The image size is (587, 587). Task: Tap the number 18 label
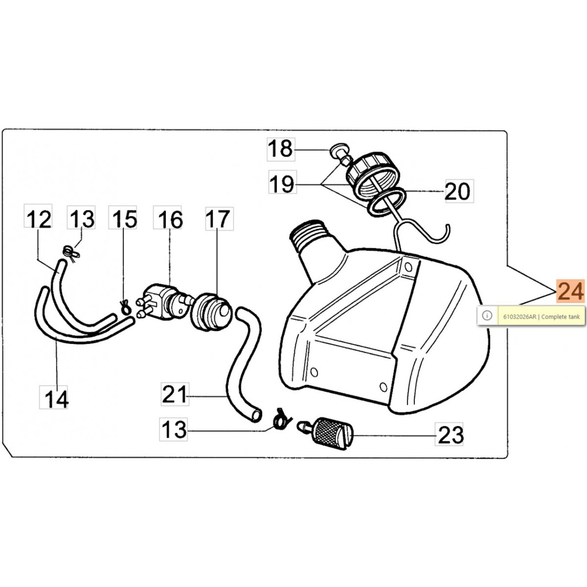click(281, 149)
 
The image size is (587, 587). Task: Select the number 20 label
click(459, 191)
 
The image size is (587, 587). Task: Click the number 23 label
click(449, 434)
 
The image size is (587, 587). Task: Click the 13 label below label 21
click(174, 429)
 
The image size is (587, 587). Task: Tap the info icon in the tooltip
click(487, 316)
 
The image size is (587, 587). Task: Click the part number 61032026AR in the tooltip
click(519, 317)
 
